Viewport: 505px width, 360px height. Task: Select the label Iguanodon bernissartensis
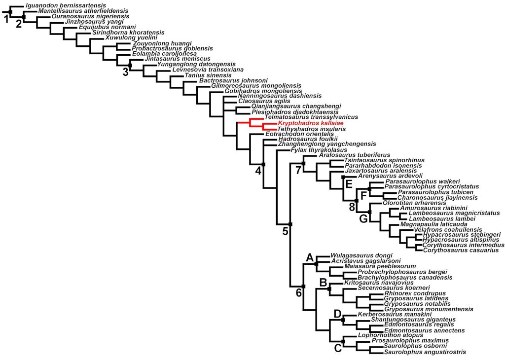pyautogui.click(x=66, y=6)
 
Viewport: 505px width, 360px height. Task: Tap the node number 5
pyautogui.click(x=286, y=231)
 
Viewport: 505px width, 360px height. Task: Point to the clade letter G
pyautogui.click(x=363, y=219)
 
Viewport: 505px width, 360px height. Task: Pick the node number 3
pyautogui.click(x=125, y=72)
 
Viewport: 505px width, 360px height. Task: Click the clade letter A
pyautogui.click(x=310, y=257)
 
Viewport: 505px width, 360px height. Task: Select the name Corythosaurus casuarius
pyautogui.click(x=461, y=250)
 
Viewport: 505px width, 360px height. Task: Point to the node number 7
pyautogui.click(x=298, y=170)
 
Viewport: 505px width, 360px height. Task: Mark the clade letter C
pyautogui.click(x=338, y=348)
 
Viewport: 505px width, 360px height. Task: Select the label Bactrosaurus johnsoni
pyautogui.click(x=233, y=80)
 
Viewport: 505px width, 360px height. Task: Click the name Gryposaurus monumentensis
pyautogui.click(x=429, y=309)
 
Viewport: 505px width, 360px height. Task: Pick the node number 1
pyautogui.click(x=6, y=20)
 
